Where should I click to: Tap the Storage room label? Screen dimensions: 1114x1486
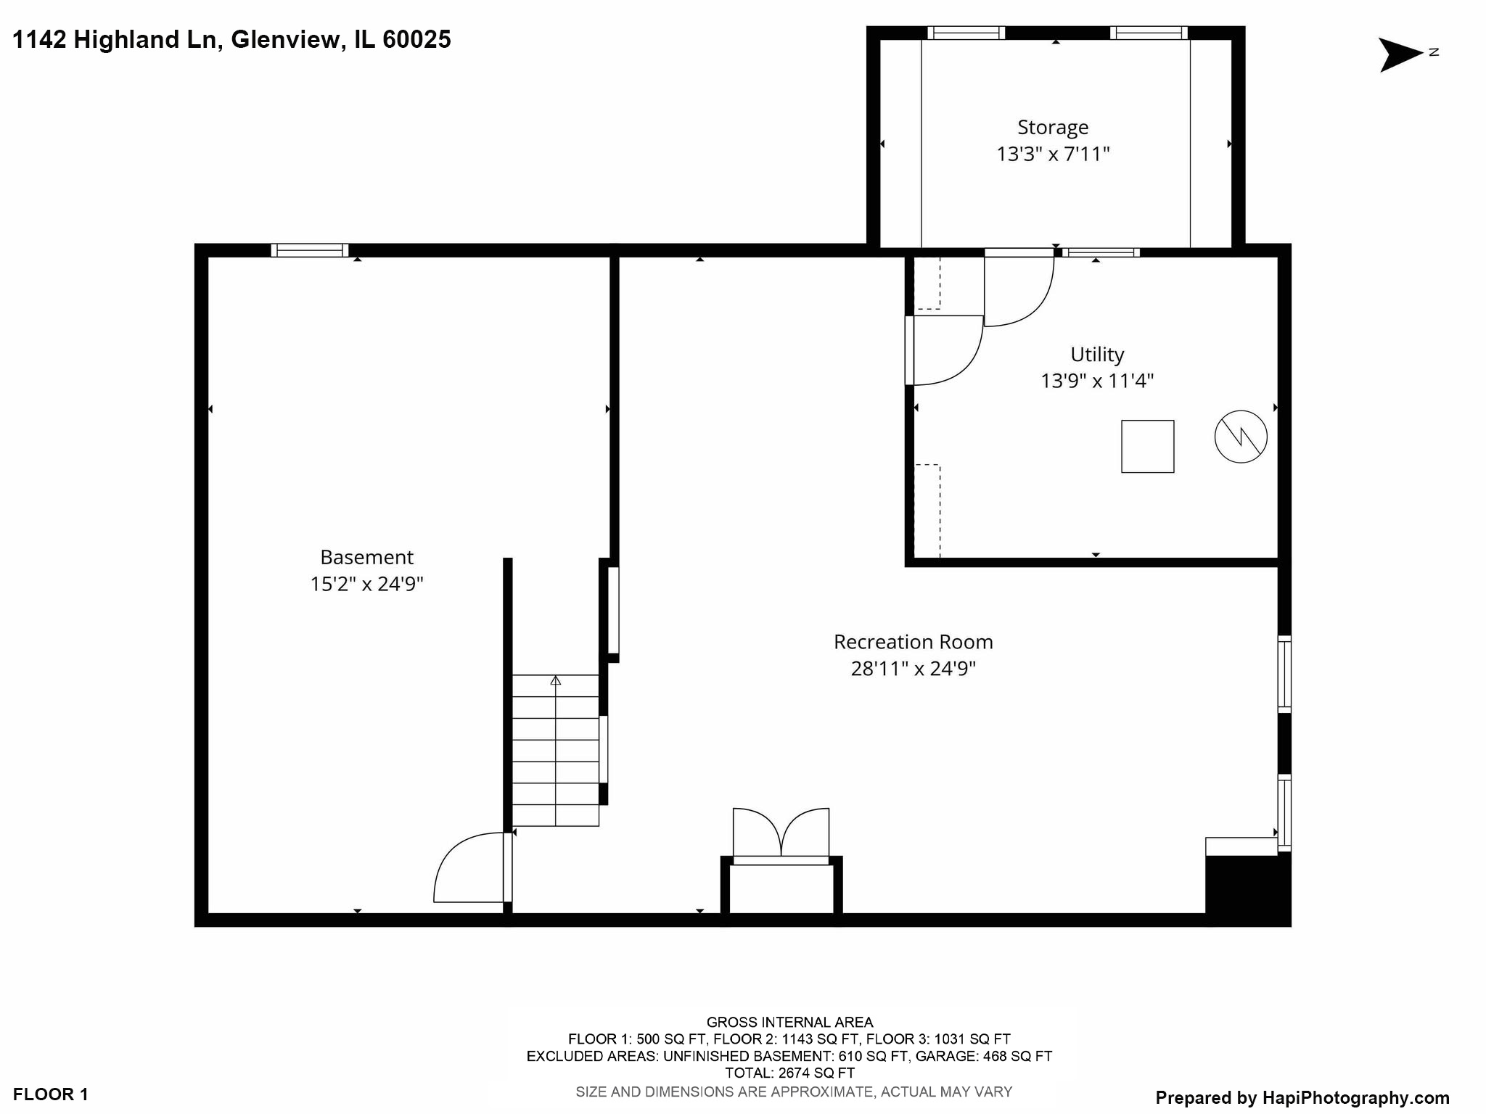point(1053,128)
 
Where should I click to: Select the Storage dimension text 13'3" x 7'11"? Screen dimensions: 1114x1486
point(1053,154)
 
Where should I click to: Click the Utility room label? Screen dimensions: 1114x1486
point(1096,355)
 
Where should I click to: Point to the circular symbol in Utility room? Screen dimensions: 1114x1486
point(1241,437)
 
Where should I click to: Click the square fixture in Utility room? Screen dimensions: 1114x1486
point(1147,447)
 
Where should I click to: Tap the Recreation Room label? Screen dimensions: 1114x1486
point(913,642)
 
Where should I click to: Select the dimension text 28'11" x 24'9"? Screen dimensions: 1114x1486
point(913,669)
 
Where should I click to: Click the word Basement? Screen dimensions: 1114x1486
point(366,557)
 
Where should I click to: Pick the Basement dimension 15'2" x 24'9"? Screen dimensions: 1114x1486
point(366,584)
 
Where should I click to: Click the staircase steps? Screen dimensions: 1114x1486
point(555,751)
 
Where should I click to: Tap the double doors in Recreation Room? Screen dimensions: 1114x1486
point(781,834)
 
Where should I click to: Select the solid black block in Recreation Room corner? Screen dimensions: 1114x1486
point(1247,890)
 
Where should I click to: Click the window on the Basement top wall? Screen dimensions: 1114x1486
point(310,250)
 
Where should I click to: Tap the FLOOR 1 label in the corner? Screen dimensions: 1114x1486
point(51,1094)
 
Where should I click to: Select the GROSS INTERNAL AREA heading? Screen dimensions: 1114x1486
point(789,1022)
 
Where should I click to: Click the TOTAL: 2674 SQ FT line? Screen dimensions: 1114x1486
point(789,1073)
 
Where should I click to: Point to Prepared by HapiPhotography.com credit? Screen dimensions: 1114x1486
point(1302,1098)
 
